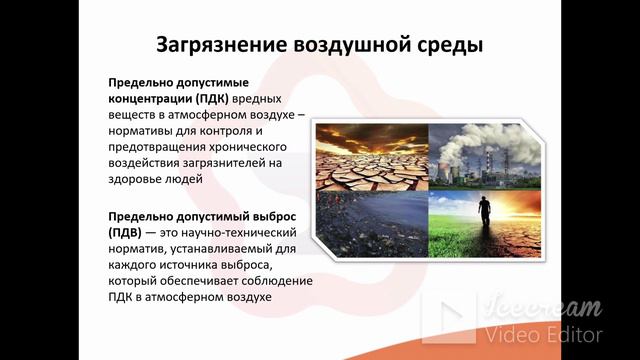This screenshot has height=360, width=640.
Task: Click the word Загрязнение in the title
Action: click(219, 46)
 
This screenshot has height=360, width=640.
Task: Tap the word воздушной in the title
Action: click(350, 46)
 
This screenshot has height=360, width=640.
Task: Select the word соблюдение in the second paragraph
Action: click(278, 281)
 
